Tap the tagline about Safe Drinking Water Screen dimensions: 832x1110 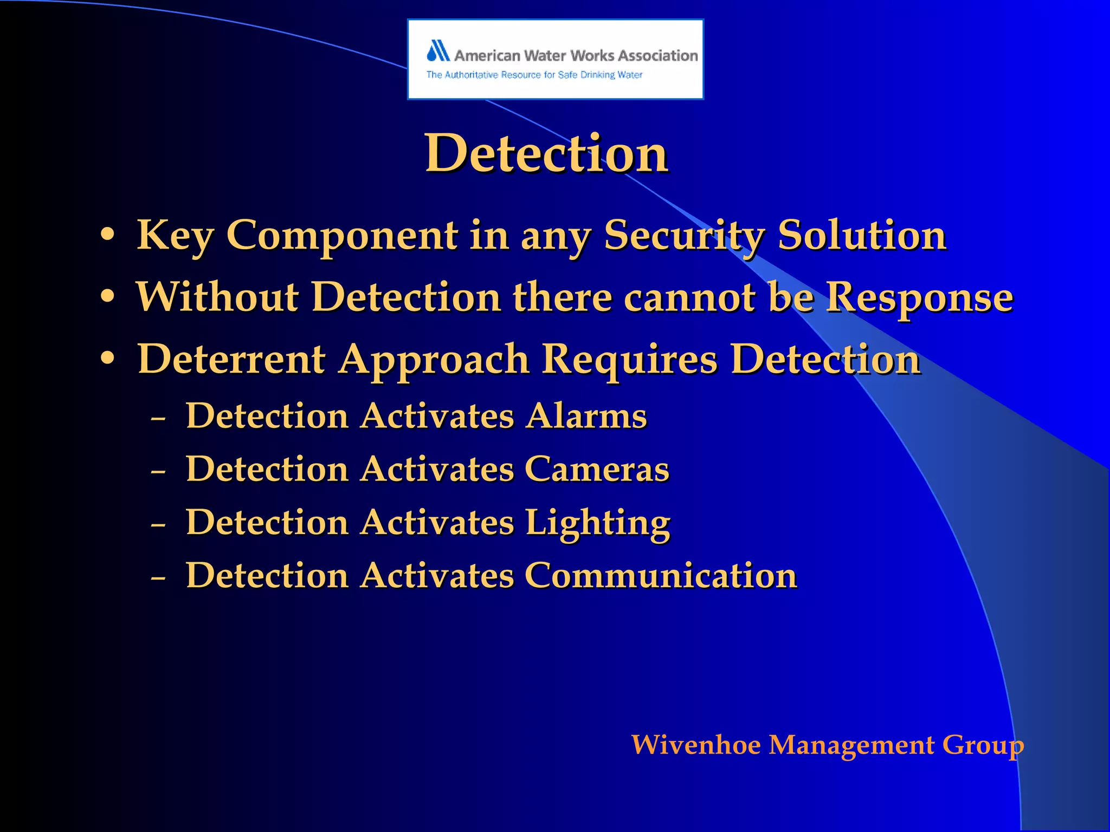tap(534, 75)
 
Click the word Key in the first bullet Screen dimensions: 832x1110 tap(175, 236)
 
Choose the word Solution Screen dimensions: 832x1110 tap(862, 236)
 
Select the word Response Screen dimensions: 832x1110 tap(919, 298)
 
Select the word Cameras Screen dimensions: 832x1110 tap(597, 469)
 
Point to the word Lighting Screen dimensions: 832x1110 tap(597, 523)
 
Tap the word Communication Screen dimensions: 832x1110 tap(661, 575)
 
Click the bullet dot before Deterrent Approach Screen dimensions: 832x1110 tap(108, 358)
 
